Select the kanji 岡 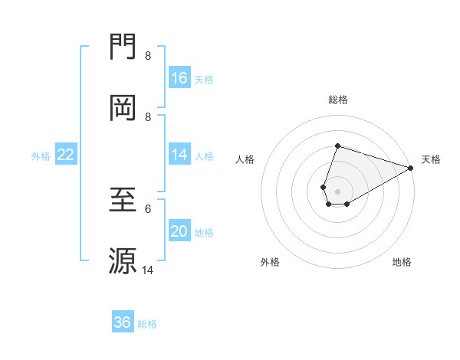[123, 108]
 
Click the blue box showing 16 [179, 78]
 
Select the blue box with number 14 [179, 155]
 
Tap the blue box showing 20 [179, 231]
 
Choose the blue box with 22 [66, 155]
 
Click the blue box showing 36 [123, 322]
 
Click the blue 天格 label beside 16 [203, 79]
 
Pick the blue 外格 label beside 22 [41, 155]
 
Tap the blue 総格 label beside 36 [147, 324]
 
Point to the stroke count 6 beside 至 [148, 208]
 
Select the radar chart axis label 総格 [337, 100]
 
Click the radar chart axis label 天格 [431, 159]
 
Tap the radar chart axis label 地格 [402, 262]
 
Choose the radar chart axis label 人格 [245, 159]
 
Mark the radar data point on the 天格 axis [410, 167]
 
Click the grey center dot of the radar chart [337, 191]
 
